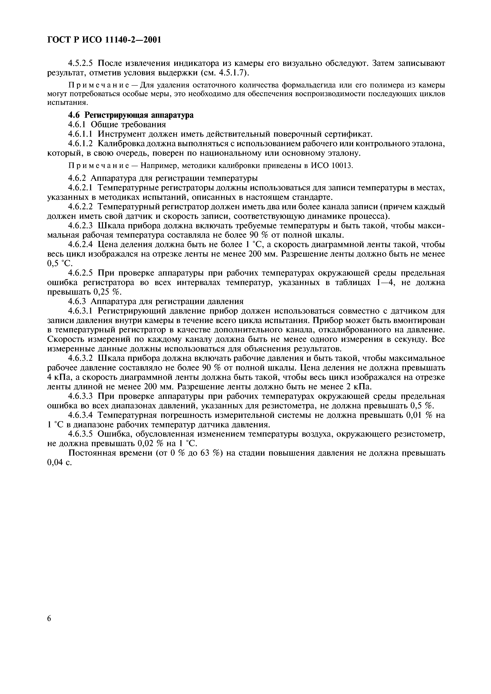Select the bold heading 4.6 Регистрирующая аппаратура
click(x=131, y=115)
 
